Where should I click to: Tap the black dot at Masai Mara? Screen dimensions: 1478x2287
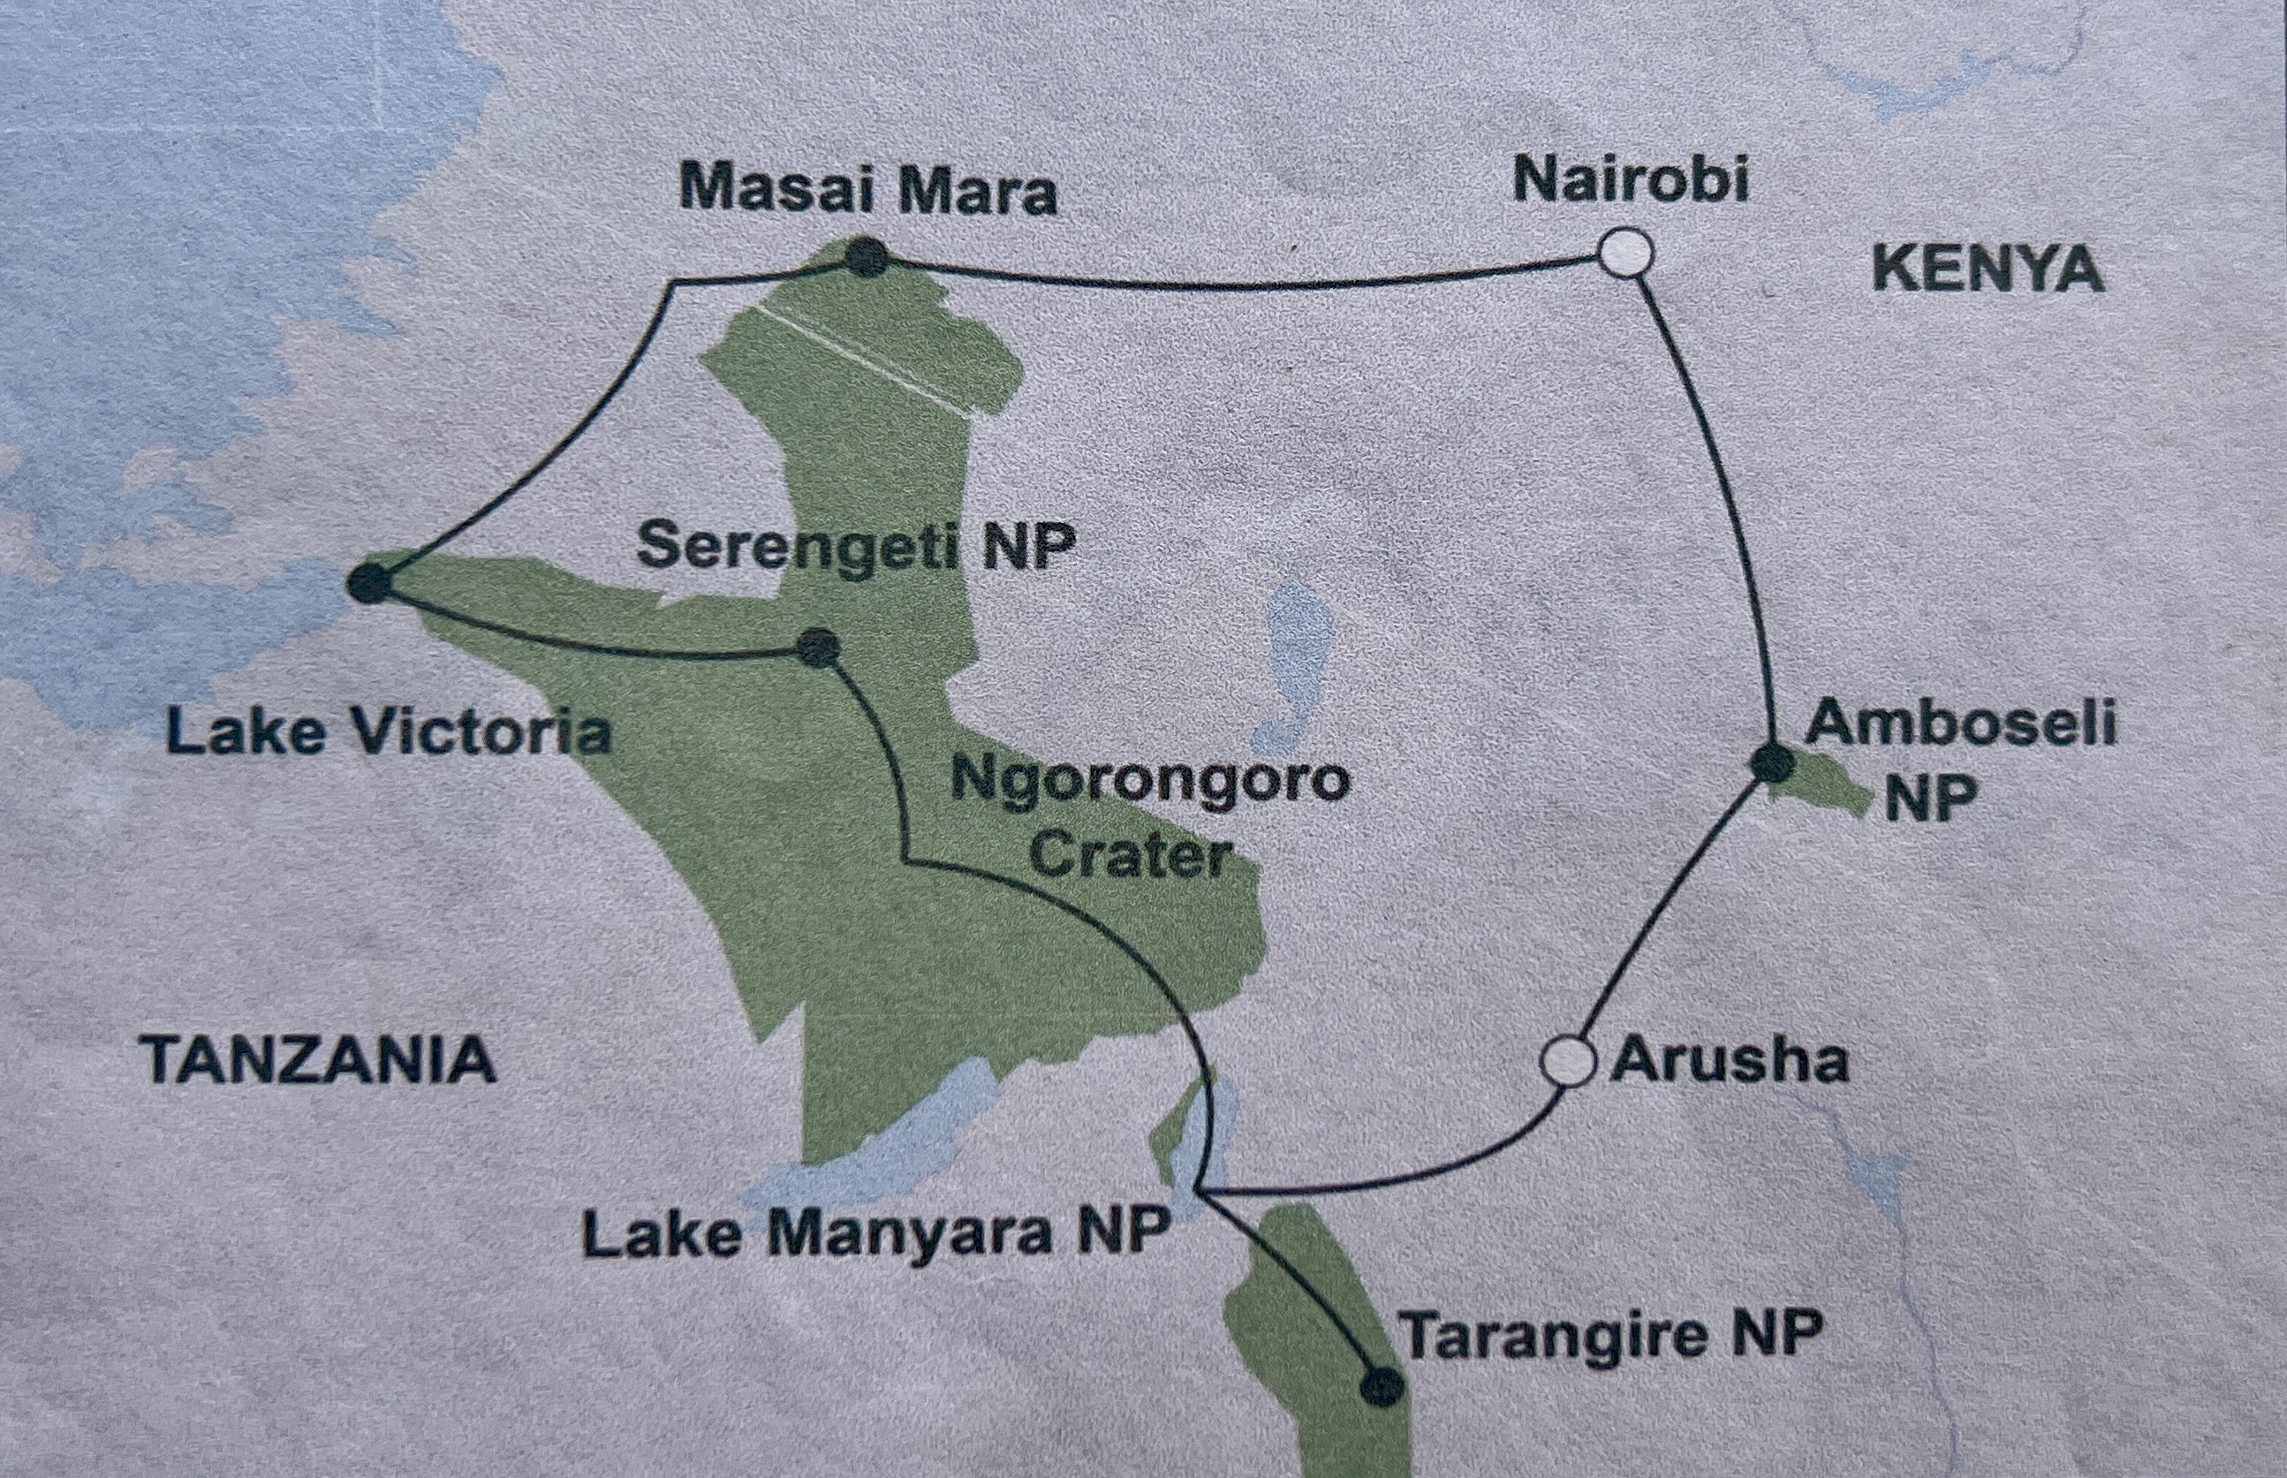pyautogui.click(x=867, y=257)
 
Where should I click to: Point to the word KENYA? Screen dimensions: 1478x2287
pyautogui.click(x=1988, y=269)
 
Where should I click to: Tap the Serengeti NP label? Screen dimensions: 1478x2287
pyautogui.click(x=855, y=547)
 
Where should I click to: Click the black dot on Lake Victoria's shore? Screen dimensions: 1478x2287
pyautogui.click(x=370, y=582)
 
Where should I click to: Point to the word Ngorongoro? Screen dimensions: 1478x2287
pyautogui.click(x=1150, y=780)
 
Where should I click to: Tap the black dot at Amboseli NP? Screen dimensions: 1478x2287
pyautogui.click(x=1773, y=764)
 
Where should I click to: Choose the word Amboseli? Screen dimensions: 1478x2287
pyautogui.click(x=1960, y=723)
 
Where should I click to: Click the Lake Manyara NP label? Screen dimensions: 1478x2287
pyautogui.click(x=875, y=1232)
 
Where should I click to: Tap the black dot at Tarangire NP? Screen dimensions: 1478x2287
pyautogui.click(x=1382, y=1386)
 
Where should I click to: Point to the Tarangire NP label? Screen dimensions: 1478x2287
pyautogui.click(x=1610, y=1334)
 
